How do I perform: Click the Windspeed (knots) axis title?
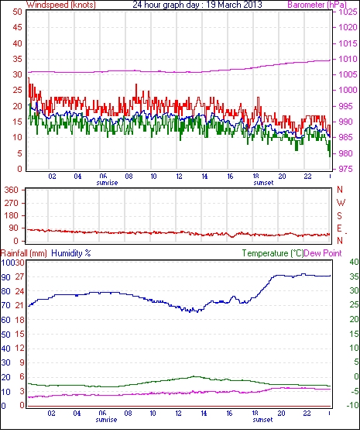(61, 5)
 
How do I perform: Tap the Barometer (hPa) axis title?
(317, 5)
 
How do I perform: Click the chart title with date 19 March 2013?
(197, 5)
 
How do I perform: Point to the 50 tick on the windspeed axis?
(17, 12)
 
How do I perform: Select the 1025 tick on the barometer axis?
(348, 12)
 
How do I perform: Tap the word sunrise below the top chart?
(107, 183)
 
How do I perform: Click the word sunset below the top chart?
(263, 183)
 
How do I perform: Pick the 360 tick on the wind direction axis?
(12, 190)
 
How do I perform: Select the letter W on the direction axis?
(341, 203)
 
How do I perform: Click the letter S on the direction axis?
(339, 215)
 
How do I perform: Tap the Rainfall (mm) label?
(24, 253)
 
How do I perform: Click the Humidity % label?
(71, 253)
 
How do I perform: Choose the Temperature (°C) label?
(273, 253)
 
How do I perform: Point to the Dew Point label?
(323, 253)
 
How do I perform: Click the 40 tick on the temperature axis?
(354, 262)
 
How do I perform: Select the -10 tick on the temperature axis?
(352, 405)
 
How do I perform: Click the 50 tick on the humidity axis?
(5, 335)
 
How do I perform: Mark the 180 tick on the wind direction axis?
(12, 215)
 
